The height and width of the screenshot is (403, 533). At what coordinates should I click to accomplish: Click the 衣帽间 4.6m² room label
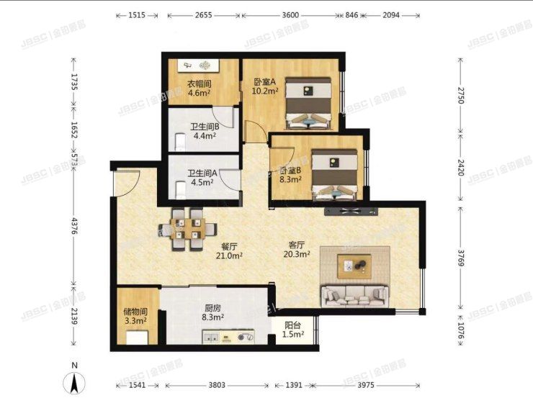coord(199,88)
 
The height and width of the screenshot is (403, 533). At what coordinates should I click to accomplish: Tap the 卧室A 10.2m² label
coord(265,86)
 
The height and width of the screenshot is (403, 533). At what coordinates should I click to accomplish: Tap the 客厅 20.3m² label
coord(297,249)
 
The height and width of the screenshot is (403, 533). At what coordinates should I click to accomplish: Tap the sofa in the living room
coord(355,294)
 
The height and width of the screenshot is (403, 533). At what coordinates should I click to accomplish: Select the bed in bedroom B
coord(335,174)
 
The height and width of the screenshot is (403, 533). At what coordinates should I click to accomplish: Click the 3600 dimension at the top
coord(290,14)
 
